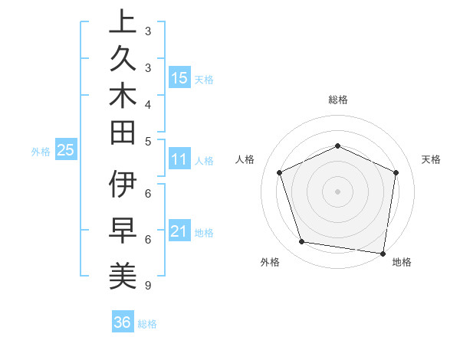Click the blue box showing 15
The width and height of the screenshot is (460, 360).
pos(179,77)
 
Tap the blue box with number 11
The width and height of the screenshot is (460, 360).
pos(179,160)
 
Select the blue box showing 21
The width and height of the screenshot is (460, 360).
pos(179,231)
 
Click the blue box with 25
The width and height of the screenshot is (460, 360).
pos(66,151)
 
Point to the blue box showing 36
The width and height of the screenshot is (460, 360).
pos(123,322)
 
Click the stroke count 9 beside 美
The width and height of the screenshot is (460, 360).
pos(147,286)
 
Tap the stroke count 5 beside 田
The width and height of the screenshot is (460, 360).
pos(147,141)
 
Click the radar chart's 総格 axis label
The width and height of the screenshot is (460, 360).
pos(337,100)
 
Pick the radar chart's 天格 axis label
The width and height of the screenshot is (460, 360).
pos(431,159)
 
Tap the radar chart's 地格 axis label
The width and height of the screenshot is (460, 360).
pos(402,263)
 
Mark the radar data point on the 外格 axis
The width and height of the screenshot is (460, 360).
pos(302,242)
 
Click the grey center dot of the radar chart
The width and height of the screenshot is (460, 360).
pos(337,191)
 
